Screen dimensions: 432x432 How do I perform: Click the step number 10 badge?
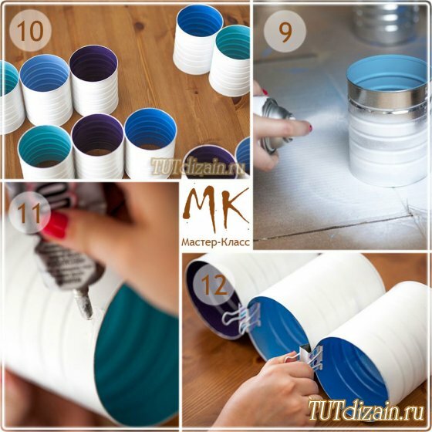point(30,30)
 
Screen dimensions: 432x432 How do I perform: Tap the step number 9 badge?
point(285,32)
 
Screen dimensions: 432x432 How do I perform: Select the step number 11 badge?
point(30,213)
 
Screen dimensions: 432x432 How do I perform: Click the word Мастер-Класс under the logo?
point(216,242)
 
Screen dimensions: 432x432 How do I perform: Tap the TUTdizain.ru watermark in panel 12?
point(366,411)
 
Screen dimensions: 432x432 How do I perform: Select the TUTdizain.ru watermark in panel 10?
point(197,167)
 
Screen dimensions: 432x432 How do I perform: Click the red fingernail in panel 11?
point(56,224)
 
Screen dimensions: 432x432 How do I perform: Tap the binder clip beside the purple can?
point(242,318)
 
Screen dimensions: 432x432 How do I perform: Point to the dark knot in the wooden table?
point(139,26)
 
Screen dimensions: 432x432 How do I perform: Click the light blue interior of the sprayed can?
point(387,73)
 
